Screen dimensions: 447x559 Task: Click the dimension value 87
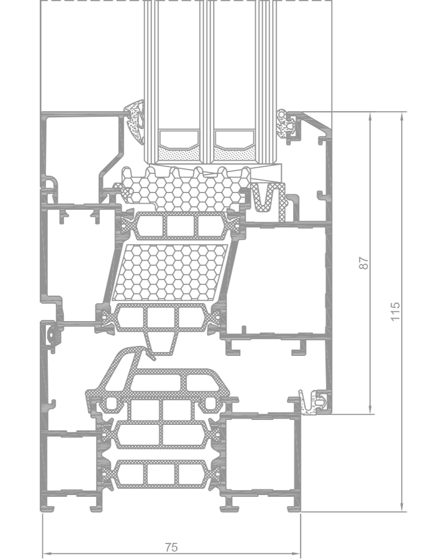click(x=364, y=263)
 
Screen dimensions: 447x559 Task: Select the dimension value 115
click(x=395, y=312)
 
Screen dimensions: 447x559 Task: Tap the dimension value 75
click(x=171, y=547)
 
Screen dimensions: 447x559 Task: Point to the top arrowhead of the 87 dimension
click(x=370, y=117)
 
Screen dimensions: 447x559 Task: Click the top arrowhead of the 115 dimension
click(x=402, y=117)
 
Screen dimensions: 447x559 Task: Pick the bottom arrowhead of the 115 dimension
click(x=402, y=507)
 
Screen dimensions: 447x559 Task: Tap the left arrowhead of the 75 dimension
click(x=47, y=553)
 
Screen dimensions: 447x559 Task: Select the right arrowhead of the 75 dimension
click(x=296, y=553)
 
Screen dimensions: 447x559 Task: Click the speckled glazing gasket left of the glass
click(x=135, y=121)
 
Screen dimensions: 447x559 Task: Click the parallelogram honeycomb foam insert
click(x=170, y=273)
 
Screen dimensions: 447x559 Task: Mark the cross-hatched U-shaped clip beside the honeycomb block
click(x=268, y=201)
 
